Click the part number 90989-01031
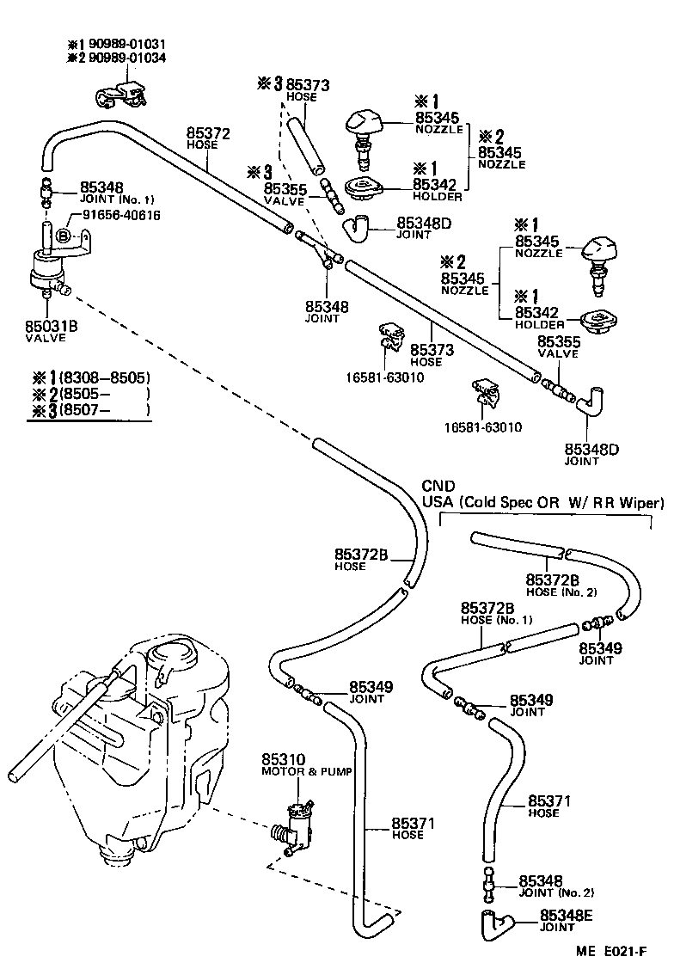click(129, 44)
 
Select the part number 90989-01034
click(129, 58)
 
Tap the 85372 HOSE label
click(203, 138)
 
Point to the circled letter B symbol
click(64, 236)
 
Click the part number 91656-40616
click(121, 216)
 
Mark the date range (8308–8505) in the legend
click(101, 377)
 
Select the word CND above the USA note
click(438, 487)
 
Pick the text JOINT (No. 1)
click(117, 199)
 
